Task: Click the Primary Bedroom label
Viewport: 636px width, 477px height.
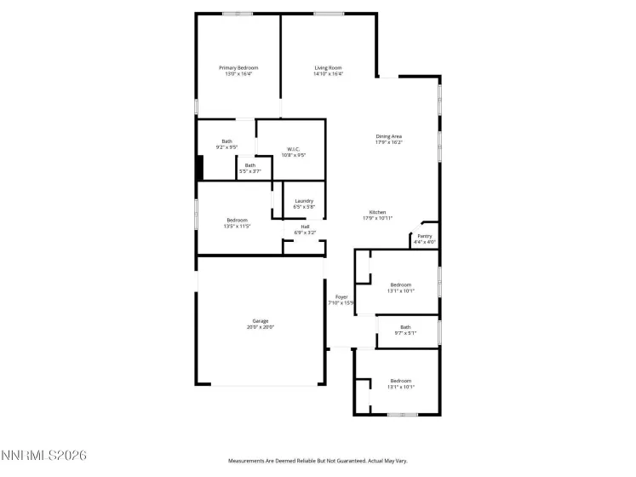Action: coord(238,68)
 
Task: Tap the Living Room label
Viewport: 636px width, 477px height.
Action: coord(329,68)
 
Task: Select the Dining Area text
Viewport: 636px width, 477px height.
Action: coord(389,136)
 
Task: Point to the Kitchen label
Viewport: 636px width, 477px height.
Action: coord(377,212)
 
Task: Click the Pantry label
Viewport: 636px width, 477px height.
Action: coord(424,236)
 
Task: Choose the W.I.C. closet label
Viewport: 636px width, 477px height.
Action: coord(293,149)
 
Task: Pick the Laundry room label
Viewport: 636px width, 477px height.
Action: coord(304,201)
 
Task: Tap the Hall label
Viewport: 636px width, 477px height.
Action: coord(305,227)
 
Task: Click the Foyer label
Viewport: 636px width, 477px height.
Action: coord(341,297)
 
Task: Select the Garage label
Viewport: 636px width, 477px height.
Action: coord(260,321)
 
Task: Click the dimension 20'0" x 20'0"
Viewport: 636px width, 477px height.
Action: coord(260,327)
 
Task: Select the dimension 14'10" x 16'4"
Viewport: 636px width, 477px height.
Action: coord(329,74)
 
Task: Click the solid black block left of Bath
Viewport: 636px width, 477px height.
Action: coord(199,167)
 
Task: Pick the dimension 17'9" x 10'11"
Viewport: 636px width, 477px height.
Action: coord(377,219)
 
